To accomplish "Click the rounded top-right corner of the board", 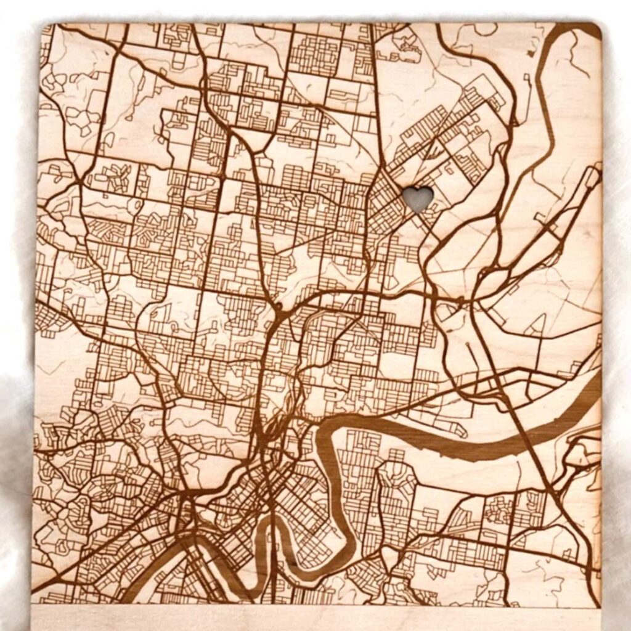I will click(x=594, y=30).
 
